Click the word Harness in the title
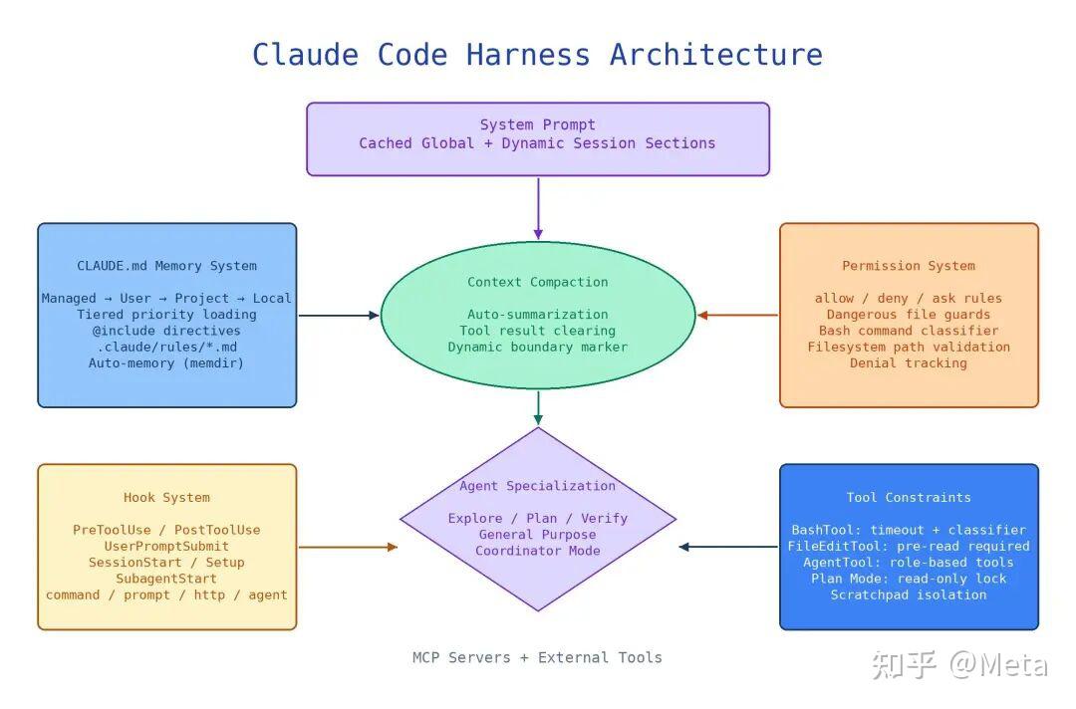coord(528,55)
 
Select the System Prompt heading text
coord(537,124)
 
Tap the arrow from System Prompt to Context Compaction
coord(538,208)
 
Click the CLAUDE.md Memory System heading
coord(166,265)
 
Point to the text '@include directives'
coord(166,331)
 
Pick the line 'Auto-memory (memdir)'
coord(166,362)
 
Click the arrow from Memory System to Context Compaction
coord(339,316)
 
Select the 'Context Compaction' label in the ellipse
coord(538,282)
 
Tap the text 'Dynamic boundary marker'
coord(538,347)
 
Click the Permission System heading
coord(909,265)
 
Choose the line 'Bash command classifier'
coord(909,331)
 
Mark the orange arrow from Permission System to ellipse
coord(737,316)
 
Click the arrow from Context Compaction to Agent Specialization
coord(538,408)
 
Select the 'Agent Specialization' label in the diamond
coord(538,486)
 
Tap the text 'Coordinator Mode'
coord(538,551)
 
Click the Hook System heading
coord(166,497)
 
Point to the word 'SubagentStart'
coord(166,579)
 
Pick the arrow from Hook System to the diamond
coord(349,547)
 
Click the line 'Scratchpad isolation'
coord(909,594)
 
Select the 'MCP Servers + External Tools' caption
coord(537,657)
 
